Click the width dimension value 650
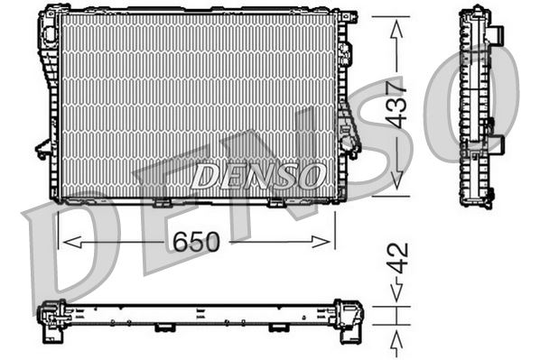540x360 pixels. click(196, 242)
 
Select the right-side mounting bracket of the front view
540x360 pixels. click(349, 135)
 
